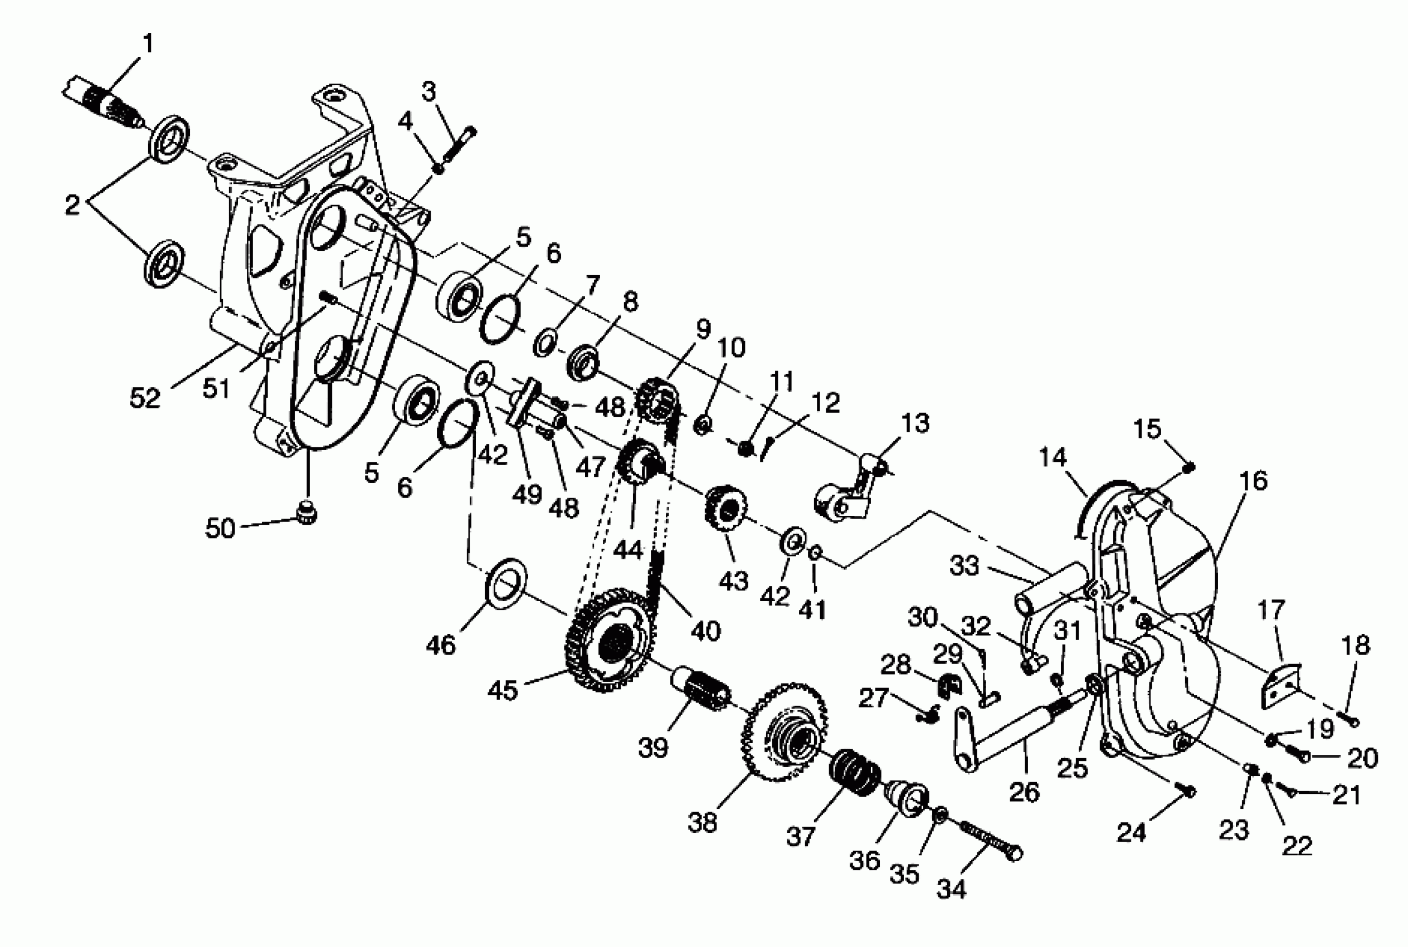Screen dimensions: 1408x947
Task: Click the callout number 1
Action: (148, 44)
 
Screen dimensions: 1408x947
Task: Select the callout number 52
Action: (145, 398)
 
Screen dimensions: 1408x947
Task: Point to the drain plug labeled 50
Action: (308, 514)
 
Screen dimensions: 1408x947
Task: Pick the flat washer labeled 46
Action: (505, 583)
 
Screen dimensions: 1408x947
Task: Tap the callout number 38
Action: (703, 823)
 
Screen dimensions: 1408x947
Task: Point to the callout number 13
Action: (914, 423)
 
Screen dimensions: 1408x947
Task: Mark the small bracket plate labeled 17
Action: (1280, 686)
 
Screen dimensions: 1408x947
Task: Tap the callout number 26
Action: (1025, 792)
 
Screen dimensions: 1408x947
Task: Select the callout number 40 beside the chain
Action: (705, 631)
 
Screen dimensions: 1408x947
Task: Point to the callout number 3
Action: (428, 92)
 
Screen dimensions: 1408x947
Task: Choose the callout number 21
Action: (1346, 795)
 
